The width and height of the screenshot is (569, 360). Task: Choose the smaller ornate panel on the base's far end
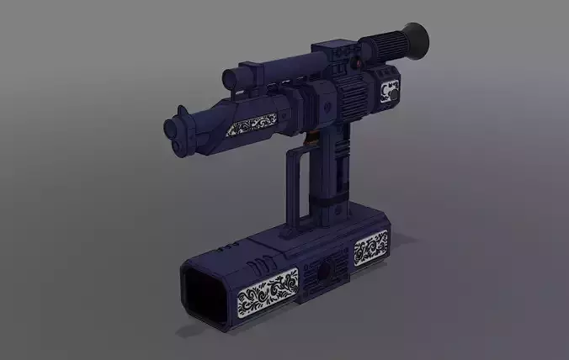pos(370,249)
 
